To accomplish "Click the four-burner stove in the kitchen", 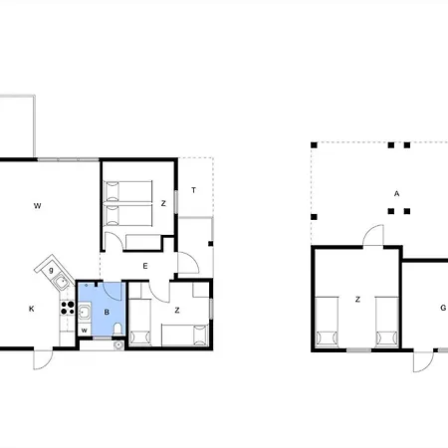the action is coord(68,308).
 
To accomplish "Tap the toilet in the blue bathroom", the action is coord(117,330).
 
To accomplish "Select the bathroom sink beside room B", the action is coord(85,312).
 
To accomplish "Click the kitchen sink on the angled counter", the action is coord(62,283).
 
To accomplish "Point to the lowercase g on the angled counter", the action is coord(51,270).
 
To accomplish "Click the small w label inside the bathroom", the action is coord(85,331).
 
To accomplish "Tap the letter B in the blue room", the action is coord(107,312).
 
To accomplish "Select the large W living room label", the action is coord(38,206).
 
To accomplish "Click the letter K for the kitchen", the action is coord(32,309).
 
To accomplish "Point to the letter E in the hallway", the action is coord(145,266).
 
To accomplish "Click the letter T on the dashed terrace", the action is coord(193,190).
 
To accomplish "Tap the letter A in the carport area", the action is coord(396,193).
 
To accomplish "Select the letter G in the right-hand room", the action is coord(443,308).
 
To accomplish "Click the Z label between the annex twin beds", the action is coord(357,300).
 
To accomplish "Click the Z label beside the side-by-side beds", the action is coord(163,203).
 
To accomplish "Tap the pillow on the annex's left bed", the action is coord(327,338).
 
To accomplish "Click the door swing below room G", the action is coord(424,361).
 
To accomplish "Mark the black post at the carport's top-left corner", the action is coord(314,145).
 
